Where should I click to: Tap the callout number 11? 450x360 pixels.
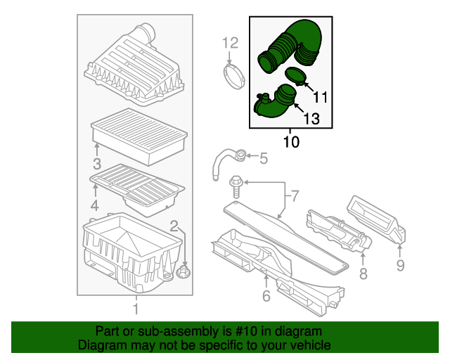[320, 96]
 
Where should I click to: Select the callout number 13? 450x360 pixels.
[311, 120]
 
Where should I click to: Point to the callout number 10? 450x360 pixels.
[290, 142]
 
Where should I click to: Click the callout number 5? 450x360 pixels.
[264, 159]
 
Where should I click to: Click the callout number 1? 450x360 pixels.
[136, 309]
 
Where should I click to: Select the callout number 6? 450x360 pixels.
[266, 296]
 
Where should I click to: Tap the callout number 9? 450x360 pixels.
[400, 265]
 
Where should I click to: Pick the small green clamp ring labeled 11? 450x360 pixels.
[295, 76]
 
